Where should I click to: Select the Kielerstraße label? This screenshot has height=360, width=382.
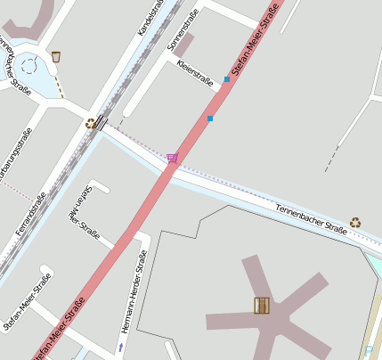click(x=195, y=75)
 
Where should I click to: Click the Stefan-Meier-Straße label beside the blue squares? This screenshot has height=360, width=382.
click(x=255, y=39)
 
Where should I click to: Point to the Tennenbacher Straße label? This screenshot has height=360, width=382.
click(x=309, y=214)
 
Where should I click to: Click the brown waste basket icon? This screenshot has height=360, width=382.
click(x=56, y=57)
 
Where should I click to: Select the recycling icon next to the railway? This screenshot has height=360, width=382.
click(x=91, y=124)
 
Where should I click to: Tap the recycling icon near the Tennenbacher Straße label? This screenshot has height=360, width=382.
click(x=355, y=222)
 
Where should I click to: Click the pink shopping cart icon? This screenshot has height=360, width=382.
click(x=172, y=158)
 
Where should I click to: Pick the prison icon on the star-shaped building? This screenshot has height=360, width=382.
click(x=261, y=306)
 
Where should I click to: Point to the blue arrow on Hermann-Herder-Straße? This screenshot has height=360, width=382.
click(x=120, y=346)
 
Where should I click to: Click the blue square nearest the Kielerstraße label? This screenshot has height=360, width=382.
click(x=227, y=79)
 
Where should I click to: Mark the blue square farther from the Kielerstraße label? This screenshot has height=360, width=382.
click(x=210, y=118)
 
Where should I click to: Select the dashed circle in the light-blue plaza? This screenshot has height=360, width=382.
click(x=28, y=65)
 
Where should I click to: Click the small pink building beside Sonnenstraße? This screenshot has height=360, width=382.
click(x=183, y=45)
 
